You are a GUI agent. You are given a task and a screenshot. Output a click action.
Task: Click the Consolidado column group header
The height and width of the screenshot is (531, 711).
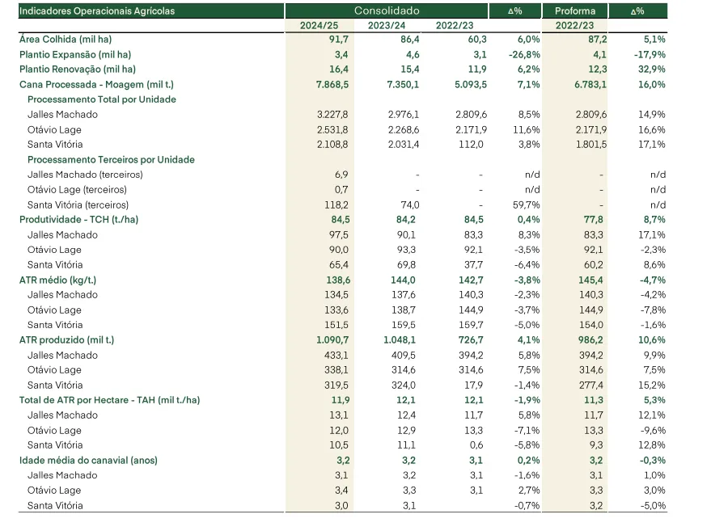click(x=387, y=11)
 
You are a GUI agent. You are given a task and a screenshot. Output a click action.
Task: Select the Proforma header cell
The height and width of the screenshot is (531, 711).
click(x=574, y=11)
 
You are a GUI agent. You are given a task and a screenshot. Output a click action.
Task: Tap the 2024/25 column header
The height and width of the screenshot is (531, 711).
click(x=319, y=25)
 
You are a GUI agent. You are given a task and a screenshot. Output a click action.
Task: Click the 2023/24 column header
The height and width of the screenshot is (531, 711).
click(x=387, y=25)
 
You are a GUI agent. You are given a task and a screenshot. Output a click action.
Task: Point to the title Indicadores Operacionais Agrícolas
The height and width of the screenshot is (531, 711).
click(x=97, y=11)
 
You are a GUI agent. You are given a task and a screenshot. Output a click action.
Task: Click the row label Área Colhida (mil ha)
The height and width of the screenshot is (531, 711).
click(x=66, y=40)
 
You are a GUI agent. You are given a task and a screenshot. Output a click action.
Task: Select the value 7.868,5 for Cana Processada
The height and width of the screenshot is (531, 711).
click(x=332, y=84)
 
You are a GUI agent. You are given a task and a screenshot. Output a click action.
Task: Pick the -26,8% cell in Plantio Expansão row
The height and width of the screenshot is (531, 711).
click(x=524, y=54)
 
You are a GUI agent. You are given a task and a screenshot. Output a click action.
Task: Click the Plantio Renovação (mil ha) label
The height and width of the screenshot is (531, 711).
click(x=78, y=70)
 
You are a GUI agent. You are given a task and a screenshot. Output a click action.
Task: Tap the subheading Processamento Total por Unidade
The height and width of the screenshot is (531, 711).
click(x=102, y=99)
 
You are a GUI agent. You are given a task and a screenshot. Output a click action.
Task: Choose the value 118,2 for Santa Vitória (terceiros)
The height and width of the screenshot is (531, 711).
click(x=336, y=204)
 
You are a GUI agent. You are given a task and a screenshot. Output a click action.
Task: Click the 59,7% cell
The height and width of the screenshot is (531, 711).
click(x=526, y=204)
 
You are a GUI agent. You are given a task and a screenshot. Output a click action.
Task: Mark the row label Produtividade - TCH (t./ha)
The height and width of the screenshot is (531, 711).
click(x=79, y=220)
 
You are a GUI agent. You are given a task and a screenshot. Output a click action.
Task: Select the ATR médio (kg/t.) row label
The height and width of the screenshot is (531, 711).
click(x=57, y=280)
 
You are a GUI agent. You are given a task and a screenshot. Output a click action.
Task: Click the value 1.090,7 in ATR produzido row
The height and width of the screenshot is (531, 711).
click(x=332, y=339)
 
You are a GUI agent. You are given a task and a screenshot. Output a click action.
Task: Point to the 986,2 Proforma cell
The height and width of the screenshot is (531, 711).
click(x=590, y=339)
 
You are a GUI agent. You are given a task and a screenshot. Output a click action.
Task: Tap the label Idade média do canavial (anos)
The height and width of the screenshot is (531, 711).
click(x=88, y=461)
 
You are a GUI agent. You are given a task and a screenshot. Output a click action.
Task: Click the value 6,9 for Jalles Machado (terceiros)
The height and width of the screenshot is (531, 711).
click(x=341, y=175)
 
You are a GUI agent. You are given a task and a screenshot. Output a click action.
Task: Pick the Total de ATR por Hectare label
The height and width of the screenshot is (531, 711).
click(x=109, y=400)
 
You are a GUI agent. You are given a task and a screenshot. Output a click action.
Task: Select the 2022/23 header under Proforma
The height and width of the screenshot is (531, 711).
click(x=574, y=25)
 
